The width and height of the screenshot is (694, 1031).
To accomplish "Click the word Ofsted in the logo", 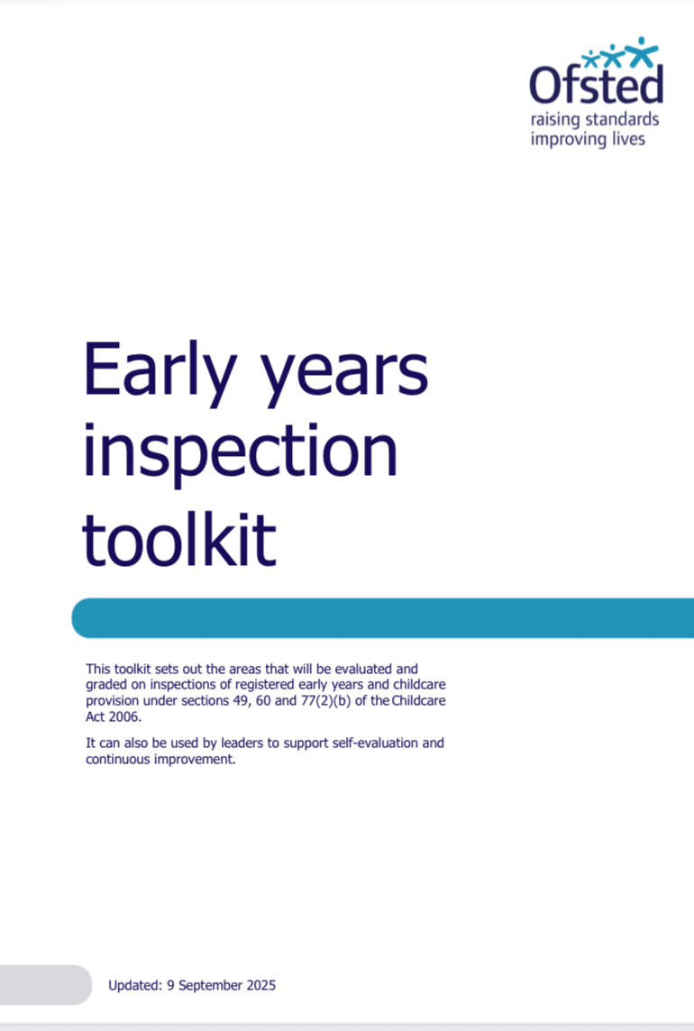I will (x=596, y=86).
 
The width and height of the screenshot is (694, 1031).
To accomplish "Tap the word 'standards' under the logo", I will (x=613, y=119).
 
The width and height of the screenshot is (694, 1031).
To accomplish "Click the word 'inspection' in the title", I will (x=240, y=454).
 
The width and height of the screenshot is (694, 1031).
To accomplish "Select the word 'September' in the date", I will (x=210, y=985).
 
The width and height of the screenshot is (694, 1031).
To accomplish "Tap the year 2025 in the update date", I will (x=260, y=985).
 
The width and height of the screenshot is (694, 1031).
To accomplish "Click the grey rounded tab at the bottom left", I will (x=45, y=984).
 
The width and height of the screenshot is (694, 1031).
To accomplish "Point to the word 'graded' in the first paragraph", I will (x=106, y=684).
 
